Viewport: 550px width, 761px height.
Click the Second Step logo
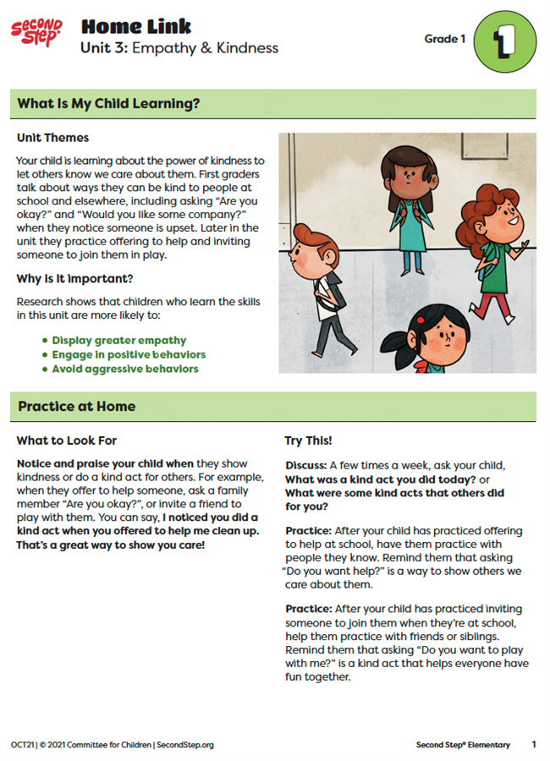click(x=36, y=34)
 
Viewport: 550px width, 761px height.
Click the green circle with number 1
click(x=504, y=41)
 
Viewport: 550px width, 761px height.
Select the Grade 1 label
click(x=444, y=40)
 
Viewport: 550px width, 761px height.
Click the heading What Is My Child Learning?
click(x=108, y=104)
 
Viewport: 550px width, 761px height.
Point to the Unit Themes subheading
click(x=52, y=138)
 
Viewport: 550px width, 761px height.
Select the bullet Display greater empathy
click(x=118, y=341)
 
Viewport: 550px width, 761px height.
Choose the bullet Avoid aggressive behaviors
click(x=125, y=370)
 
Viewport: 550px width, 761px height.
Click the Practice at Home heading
click(x=77, y=407)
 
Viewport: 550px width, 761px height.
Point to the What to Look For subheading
click(x=67, y=441)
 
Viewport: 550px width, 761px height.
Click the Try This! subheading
click(x=308, y=441)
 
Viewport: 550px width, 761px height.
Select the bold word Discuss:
click(x=305, y=465)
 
